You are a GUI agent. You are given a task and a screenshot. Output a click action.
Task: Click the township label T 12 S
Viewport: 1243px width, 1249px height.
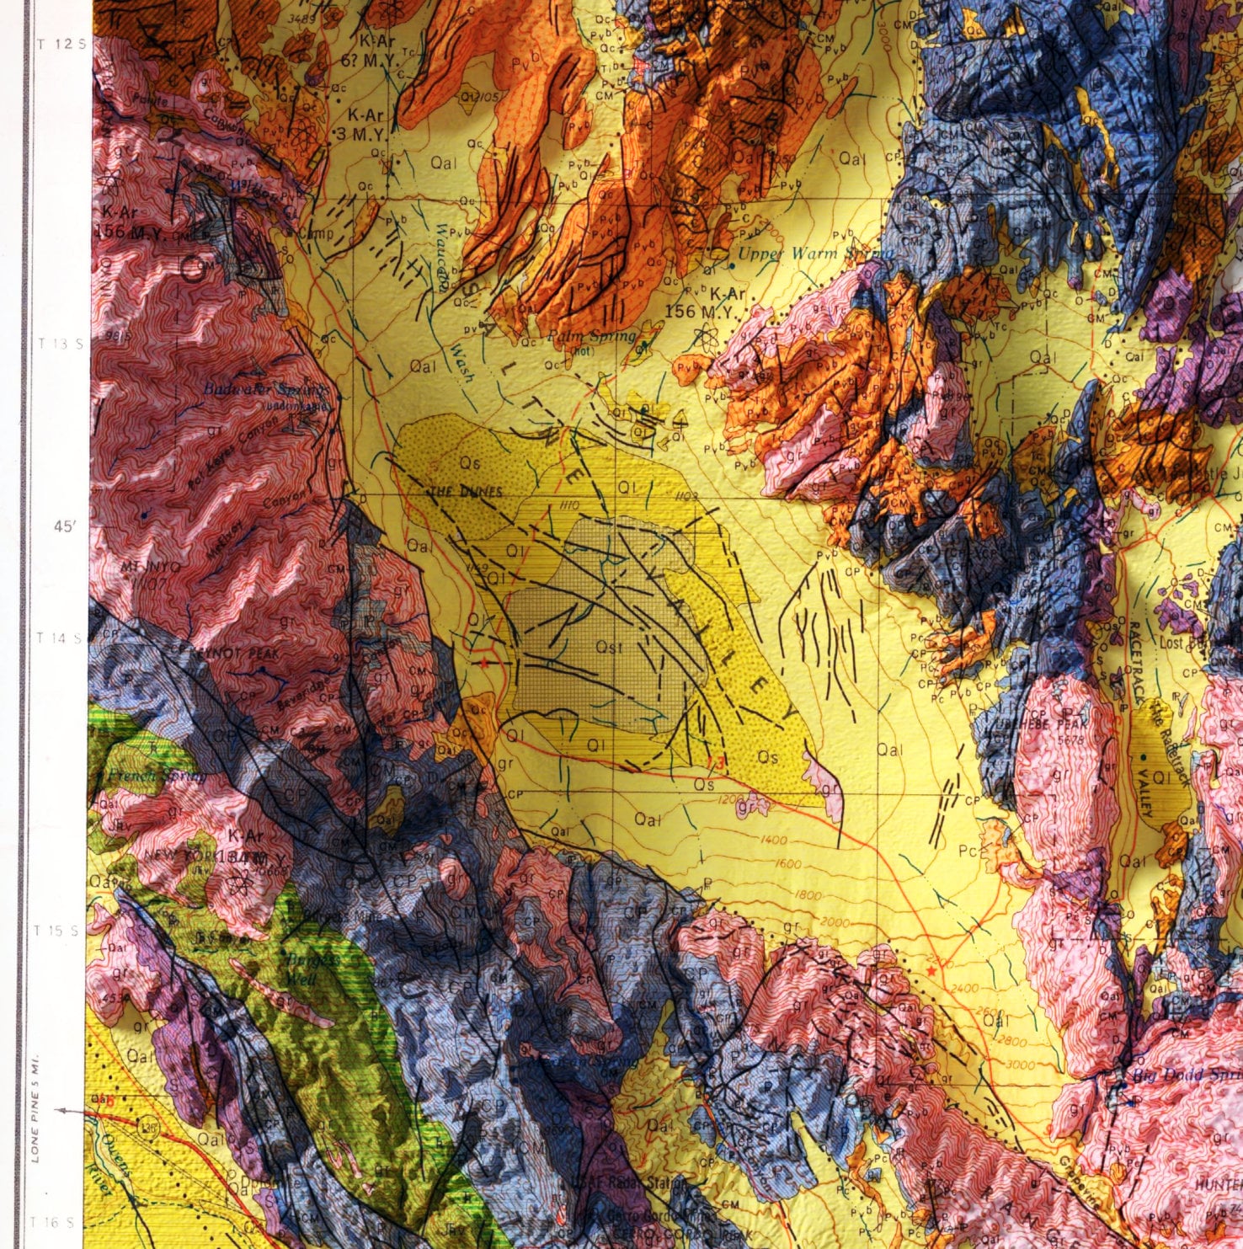(x=63, y=43)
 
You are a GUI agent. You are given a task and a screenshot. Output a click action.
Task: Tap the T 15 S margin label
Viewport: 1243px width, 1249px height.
(x=57, y=931)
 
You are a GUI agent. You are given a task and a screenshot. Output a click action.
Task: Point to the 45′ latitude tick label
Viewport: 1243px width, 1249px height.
(x=65, y=526)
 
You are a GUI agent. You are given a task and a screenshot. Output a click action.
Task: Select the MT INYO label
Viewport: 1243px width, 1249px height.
(x=151, y=568)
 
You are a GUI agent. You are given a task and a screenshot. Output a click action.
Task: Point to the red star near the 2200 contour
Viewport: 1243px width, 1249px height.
(x=931, y=971)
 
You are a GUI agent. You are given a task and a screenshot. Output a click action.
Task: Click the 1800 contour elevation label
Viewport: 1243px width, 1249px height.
(x=807, y=895)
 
